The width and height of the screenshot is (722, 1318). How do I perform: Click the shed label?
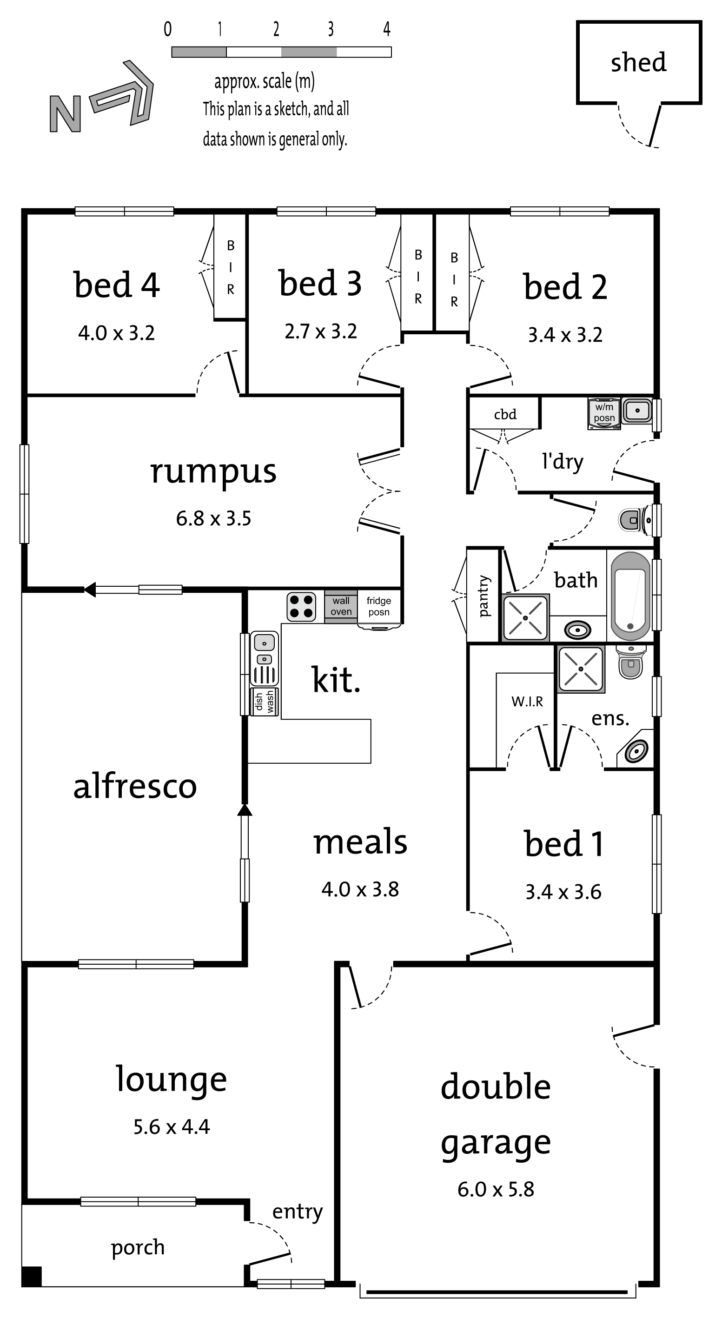tap(639, 62)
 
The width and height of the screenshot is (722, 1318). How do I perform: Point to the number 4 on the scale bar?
tap(387, 29)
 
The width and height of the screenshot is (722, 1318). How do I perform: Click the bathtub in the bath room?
tap(630, 595)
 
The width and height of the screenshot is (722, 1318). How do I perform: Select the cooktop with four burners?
tap(301, 607)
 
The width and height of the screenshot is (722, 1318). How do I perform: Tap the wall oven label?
tap(341, 606)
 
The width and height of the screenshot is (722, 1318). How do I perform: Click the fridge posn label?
tap(378, 606)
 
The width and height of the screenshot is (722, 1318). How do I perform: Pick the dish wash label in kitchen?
tap(265, 702)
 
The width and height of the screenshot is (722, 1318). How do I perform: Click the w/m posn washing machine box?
tap(604, 413)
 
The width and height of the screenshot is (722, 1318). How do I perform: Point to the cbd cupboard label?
tap(505, 414)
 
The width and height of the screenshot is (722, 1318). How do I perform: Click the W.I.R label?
tap(527, 702)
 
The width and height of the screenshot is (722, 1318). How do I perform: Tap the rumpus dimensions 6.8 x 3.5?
tap(214, 519)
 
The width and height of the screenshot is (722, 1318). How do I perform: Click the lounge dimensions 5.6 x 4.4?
tap(172, 1126)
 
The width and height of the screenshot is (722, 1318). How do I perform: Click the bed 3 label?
tap(320, 283)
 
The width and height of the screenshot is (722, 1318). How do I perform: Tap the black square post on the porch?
tap(32, 1276)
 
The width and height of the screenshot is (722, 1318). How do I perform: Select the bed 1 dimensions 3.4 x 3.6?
tap(563, 892)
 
